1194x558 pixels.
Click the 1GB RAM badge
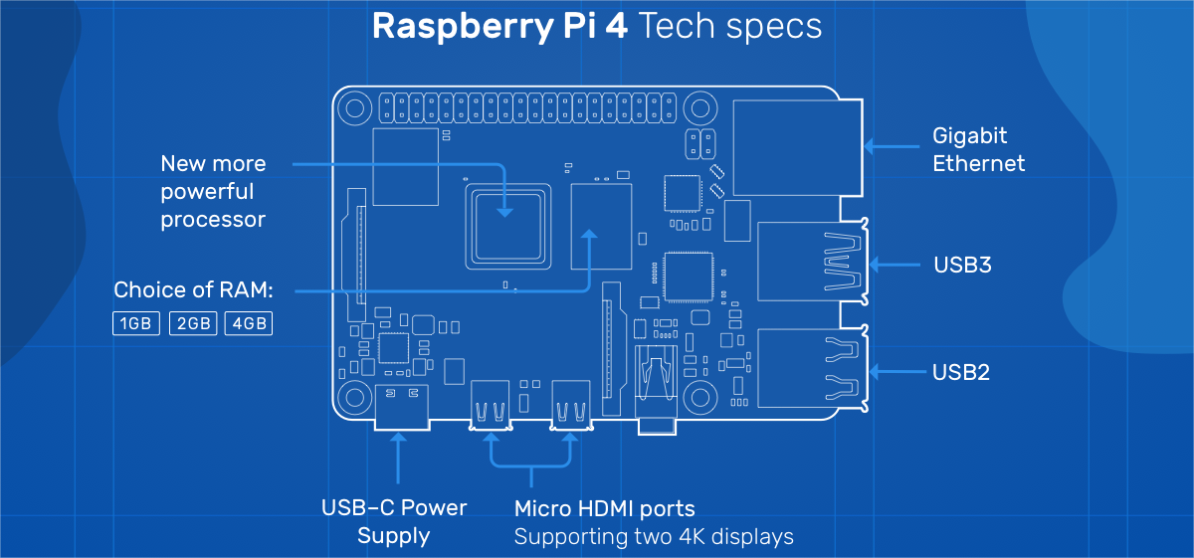[135, 323]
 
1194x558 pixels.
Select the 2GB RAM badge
[192, 323]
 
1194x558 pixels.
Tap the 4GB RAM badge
[249, 323]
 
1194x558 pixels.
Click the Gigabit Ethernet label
[978, 149]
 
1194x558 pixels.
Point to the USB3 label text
[962, 266]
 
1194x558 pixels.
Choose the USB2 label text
[961, 372]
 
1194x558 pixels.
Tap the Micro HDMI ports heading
[604, 508]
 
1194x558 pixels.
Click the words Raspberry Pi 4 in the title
[499, 27]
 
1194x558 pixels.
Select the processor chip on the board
[507, 224]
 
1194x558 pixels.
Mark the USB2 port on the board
[808, 369]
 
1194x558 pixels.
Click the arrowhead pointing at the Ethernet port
[869, 146]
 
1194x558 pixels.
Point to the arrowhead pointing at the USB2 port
[873, 371]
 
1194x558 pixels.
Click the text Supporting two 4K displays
[654, 537]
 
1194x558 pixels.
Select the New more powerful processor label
[213, 191]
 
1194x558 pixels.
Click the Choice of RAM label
[193, 290]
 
